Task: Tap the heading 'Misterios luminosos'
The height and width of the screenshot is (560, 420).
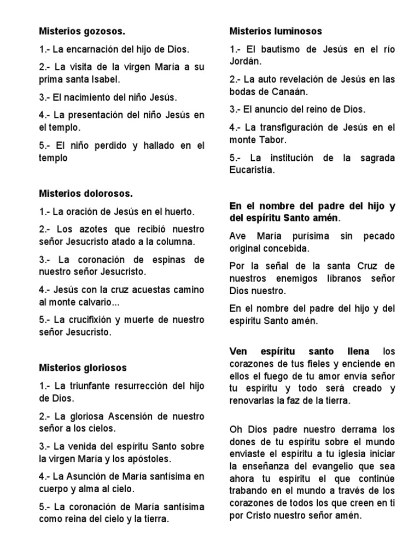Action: tap(276, 31)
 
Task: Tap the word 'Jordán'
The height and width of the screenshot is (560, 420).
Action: tap(246, 61)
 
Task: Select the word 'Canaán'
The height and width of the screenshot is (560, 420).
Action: tap(291, 91)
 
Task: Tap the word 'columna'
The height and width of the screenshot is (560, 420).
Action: tap(176, 241)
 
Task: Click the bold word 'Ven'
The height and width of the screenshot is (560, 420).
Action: tap(239, 351)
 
